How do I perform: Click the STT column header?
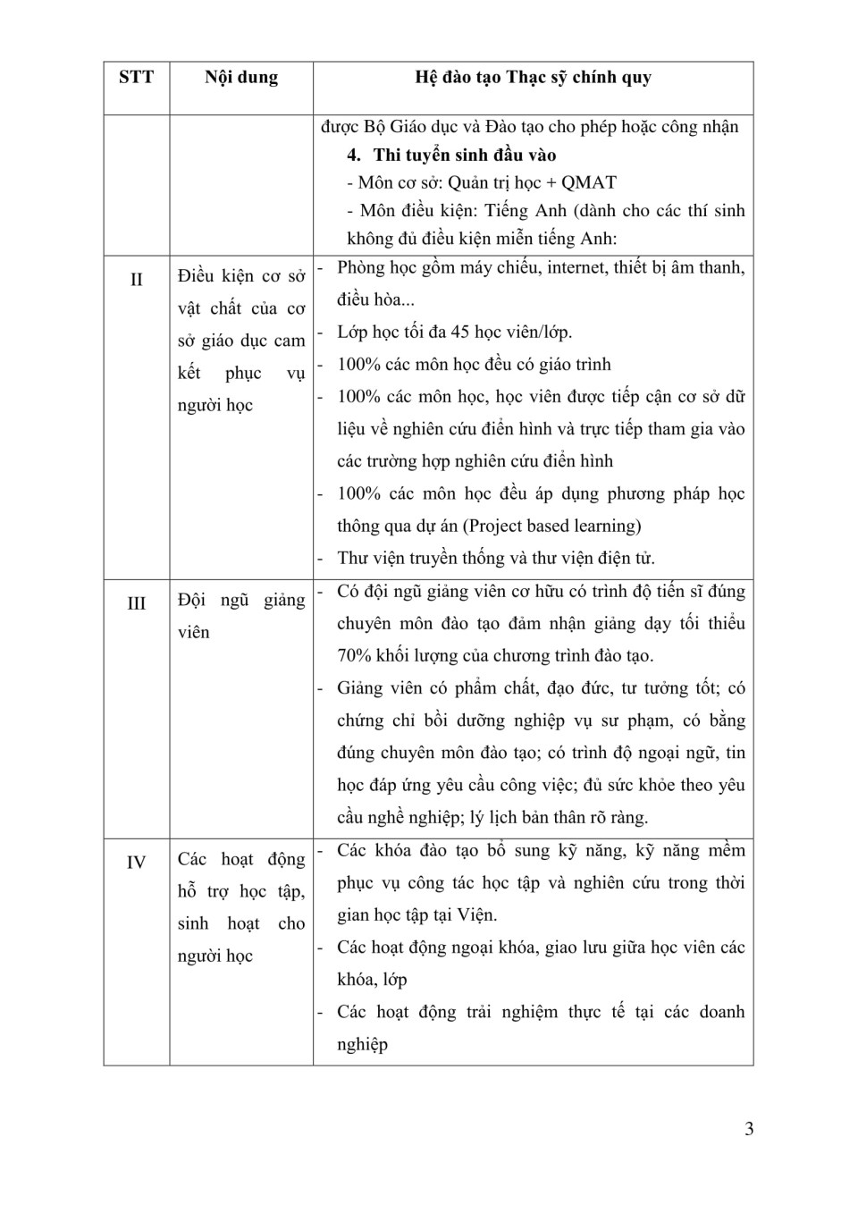pos(136,78)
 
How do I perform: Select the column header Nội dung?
pos(241,78)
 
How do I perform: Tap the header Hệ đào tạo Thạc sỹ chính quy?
pos(533,78)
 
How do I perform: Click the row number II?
pos(136,280)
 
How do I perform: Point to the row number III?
pos(136,603)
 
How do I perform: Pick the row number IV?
pos(136,863)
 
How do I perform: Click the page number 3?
pos(749,1129)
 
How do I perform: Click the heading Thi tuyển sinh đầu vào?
pos(465,156)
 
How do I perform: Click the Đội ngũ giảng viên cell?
pos(241,616)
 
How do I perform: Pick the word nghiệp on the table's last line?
pos(362,1045)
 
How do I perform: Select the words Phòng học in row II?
pos(374,267)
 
